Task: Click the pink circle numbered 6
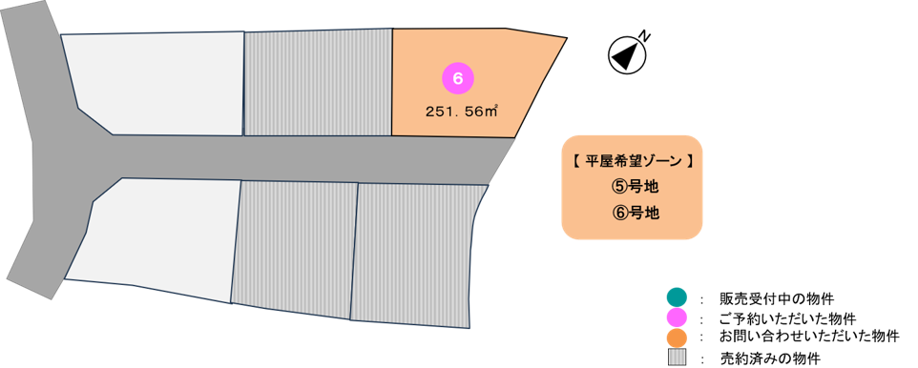click(x=458, y=79)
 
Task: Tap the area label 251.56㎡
click(x=461, y=112)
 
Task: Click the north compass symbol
click(x=626, y=55)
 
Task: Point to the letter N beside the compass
click(x=644, y=36)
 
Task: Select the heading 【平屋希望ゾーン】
click(x=632, y=161)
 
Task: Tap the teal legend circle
click(x=677, y=298)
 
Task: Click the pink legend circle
click(x=677, y=318)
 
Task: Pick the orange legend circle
click(x=677, y=337)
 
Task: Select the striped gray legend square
click(x=677, y=357)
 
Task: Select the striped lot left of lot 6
click(x=318, y=83)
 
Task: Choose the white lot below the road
click(x=156, y=237)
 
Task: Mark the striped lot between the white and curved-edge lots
click(x=295, y=249)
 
